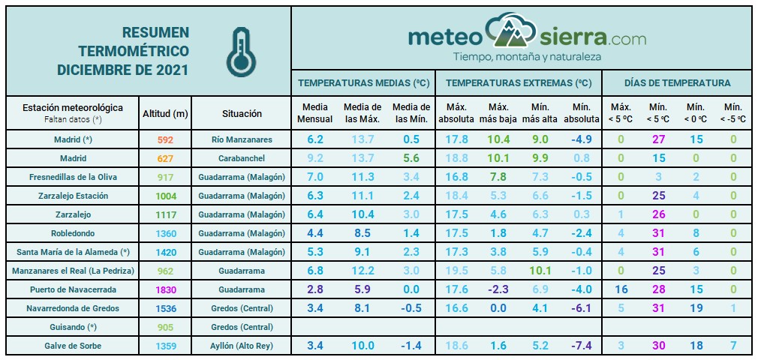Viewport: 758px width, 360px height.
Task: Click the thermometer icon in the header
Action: [239, 52]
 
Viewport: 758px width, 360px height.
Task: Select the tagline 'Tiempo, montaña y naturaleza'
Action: [527, 57]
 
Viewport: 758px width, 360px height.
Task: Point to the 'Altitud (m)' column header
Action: [165, 114]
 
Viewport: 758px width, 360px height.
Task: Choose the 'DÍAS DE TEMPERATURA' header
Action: [677, 83]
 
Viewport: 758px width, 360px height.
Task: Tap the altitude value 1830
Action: [165, 289]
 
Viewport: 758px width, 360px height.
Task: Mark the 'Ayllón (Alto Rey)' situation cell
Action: [242, 346]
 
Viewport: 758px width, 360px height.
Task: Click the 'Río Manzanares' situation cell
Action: [242, 139]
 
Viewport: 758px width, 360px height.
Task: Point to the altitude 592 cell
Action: [165, 139]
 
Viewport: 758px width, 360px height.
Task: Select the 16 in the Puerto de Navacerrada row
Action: [621, 289]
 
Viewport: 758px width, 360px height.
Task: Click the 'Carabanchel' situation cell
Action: [242, 158]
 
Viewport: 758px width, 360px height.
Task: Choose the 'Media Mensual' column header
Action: [315, 113]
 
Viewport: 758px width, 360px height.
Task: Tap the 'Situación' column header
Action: [242, 114]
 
